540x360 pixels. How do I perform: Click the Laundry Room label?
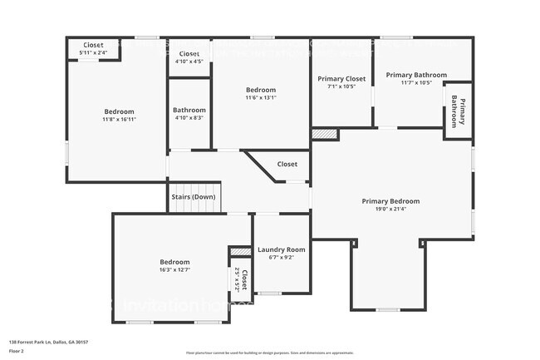[x=282, y=249]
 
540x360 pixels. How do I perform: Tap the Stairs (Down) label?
[x=194, y=197]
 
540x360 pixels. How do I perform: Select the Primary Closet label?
[x=341, y=79]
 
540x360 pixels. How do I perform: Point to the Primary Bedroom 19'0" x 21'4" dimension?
[x=390, y=210]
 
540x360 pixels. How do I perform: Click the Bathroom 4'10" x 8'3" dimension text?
[x=189, y=118]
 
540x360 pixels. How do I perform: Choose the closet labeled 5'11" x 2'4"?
[x=93, y=53]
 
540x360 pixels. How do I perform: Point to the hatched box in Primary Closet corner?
[x=325, y=133]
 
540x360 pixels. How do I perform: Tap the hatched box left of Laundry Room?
[x=241, y=250]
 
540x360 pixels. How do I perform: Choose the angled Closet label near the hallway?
[x=287, y=165]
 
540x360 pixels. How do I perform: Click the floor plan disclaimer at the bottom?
[x=269, y=353]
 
